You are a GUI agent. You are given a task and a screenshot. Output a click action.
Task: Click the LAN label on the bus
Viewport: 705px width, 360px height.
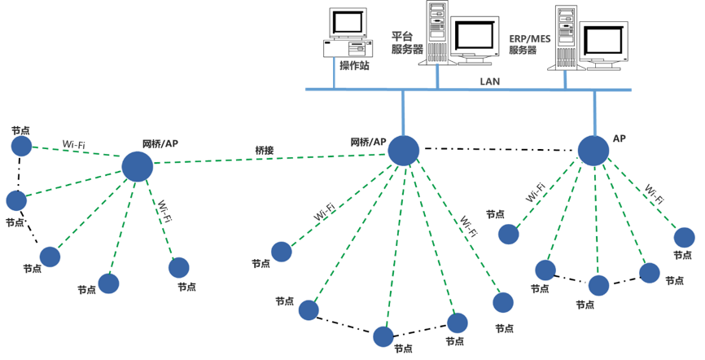point(490,81)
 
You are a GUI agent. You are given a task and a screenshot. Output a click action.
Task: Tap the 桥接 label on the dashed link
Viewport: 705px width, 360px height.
point(265,150)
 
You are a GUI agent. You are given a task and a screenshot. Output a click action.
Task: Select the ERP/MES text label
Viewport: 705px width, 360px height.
point(529,38)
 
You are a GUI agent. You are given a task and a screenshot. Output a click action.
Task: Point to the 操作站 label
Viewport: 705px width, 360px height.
point(354,66)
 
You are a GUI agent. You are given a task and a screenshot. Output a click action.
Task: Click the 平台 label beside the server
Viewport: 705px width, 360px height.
point(403,36)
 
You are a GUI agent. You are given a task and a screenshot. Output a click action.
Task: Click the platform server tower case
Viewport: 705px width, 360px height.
point(437,31)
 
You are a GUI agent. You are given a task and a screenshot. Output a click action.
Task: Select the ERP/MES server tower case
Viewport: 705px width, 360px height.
point(567,37)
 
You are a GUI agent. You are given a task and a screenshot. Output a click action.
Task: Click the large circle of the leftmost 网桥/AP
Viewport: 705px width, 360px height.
point(137,166)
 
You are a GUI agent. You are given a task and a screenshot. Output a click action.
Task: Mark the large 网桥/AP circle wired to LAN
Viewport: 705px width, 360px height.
point(403,151)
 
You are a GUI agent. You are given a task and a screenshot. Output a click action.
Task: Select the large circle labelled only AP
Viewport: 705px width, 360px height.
point(593,150)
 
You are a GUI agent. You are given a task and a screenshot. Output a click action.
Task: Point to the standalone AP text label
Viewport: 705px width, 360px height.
point(620,139)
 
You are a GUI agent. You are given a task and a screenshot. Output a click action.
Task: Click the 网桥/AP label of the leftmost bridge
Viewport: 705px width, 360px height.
point(160,143)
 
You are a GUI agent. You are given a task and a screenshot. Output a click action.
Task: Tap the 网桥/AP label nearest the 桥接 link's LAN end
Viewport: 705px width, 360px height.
point(368,141)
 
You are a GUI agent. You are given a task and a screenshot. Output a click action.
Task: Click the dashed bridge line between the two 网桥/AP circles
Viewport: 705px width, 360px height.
point(269,159)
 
